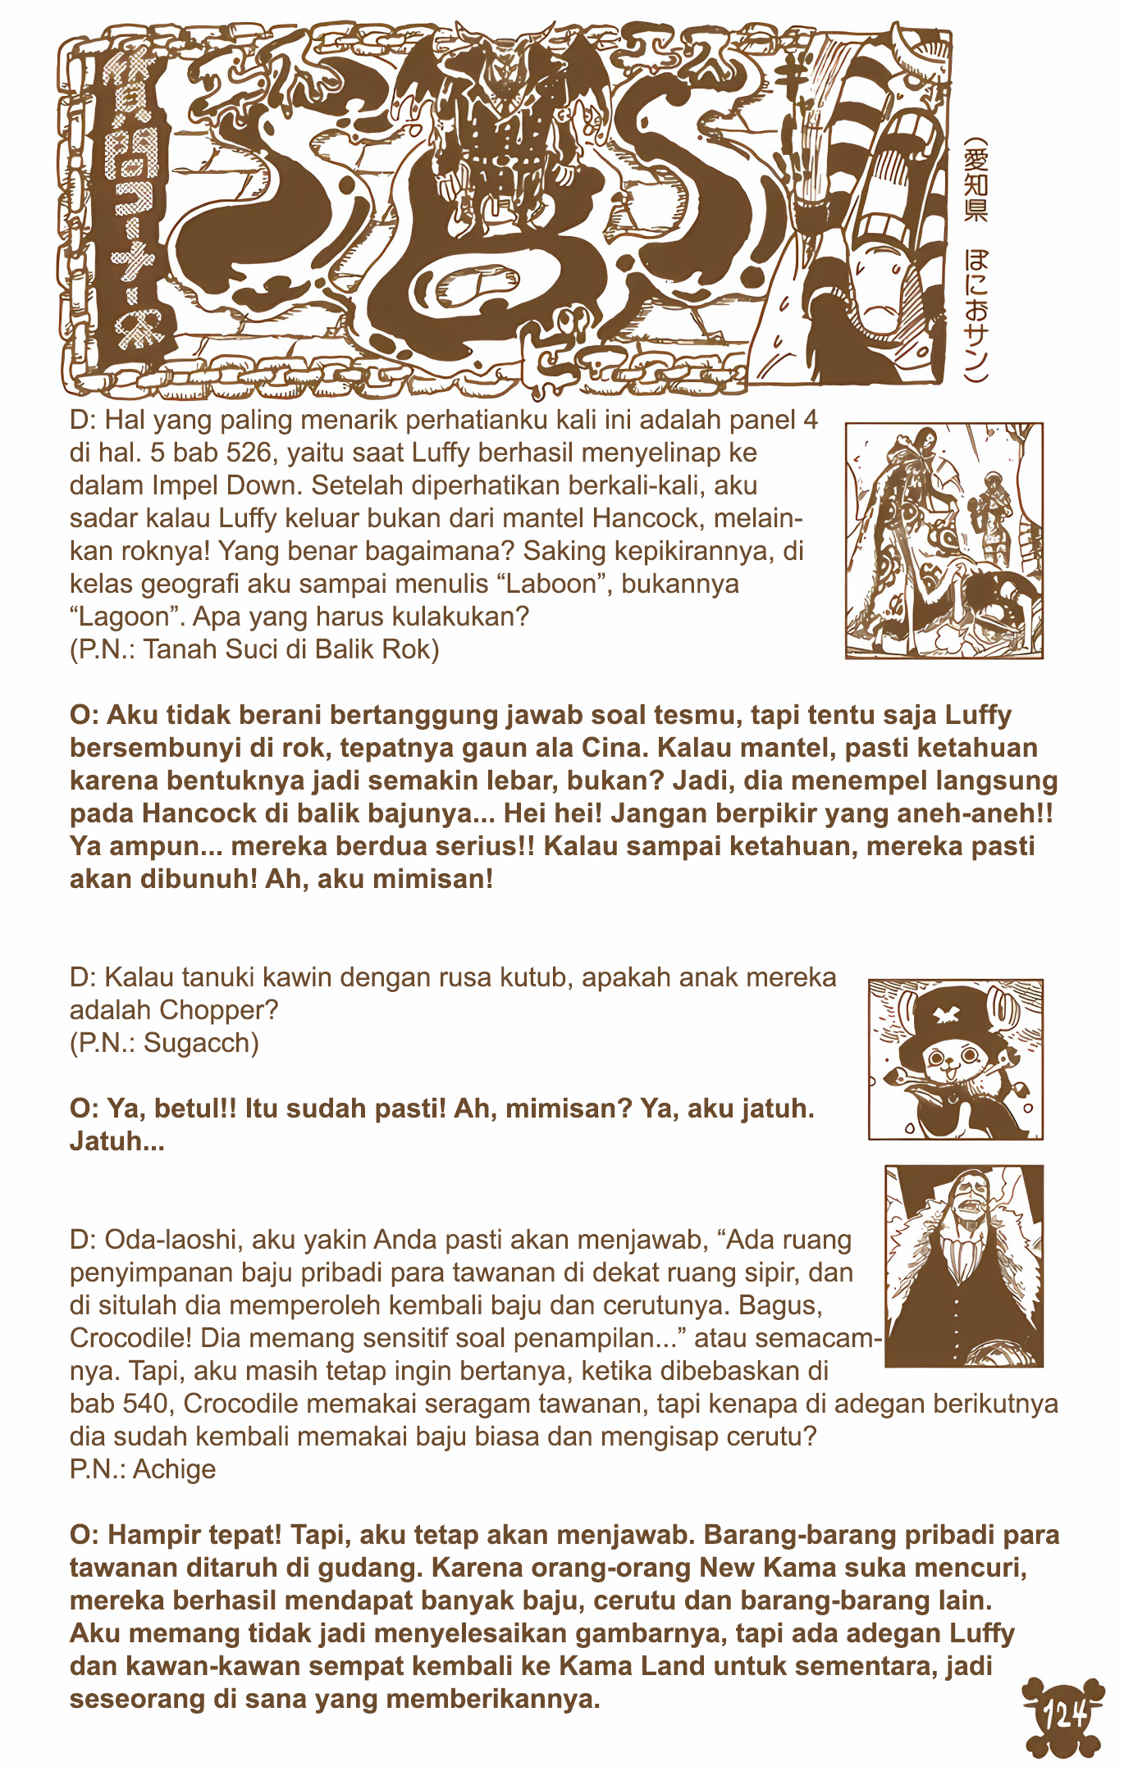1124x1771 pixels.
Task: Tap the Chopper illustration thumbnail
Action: pos(955,1059)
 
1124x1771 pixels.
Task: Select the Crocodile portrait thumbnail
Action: pos(964,1266)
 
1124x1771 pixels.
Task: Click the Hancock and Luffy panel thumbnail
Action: pos(944,540)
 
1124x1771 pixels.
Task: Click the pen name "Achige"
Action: pos(174,1469)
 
